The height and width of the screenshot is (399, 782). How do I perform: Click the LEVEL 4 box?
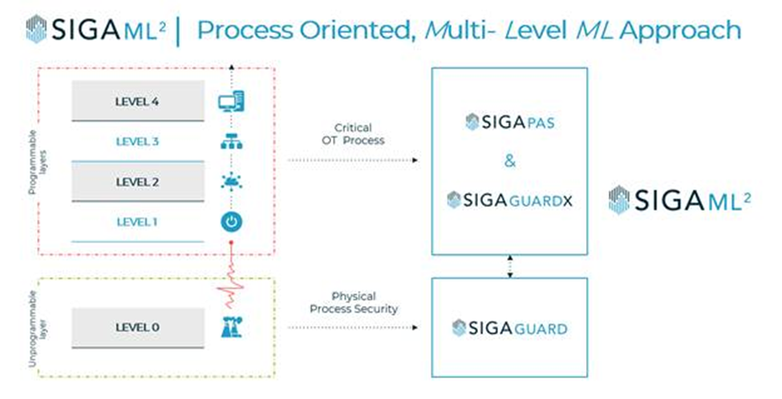137,101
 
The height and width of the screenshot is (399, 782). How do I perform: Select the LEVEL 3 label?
137,142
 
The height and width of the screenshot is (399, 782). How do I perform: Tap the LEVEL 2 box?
137,182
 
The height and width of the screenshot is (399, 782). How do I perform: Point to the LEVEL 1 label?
137,222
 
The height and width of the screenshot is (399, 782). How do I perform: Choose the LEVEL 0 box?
137,327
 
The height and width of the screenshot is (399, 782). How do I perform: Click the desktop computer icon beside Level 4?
231,102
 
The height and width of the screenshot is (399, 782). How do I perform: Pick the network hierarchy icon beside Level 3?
231,142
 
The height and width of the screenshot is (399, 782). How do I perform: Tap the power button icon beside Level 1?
231,222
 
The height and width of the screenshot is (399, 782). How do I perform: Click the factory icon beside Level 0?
231,327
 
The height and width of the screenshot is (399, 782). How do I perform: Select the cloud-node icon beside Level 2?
231,182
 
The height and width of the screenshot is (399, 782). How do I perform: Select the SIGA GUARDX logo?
509,200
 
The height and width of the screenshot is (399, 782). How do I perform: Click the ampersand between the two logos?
510,161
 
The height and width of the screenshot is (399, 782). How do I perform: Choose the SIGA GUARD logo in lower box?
509,328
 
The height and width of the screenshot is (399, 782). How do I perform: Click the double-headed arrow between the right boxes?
510,267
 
